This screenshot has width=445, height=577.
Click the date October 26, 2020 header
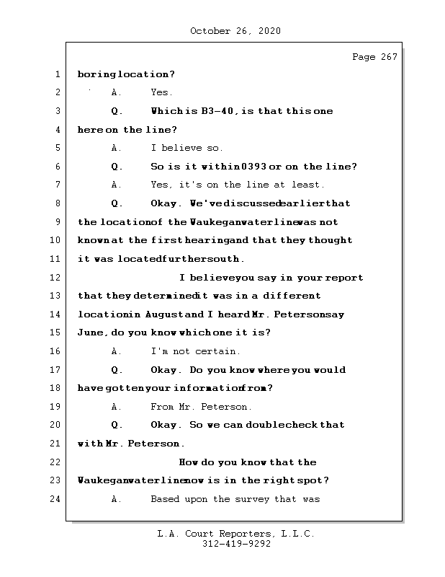[235, 31]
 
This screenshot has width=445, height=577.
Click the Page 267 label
[374, 57]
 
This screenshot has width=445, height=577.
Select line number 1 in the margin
[56, 74]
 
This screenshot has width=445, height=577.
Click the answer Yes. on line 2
[161, 92]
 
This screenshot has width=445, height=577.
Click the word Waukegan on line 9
[212, 221]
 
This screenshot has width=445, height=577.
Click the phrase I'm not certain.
[196, 351]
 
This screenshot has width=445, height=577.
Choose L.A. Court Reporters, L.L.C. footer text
[235, 534]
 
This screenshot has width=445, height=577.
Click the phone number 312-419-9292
[235, 545]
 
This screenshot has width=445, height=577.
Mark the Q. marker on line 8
[117, 203]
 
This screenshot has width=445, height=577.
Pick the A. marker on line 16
[117, 351]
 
